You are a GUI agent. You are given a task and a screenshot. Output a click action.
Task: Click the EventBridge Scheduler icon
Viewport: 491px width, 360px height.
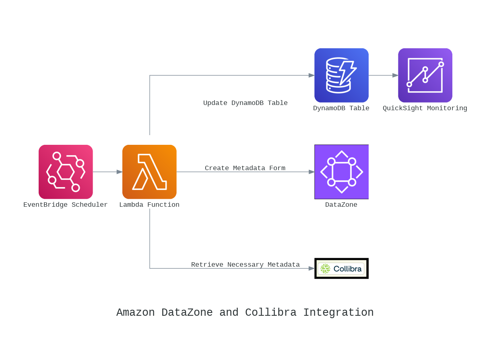[66, 172]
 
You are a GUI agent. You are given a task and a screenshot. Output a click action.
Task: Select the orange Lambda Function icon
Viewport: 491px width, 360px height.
[149, 172]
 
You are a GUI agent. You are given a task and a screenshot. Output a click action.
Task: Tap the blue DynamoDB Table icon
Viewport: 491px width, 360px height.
[341, 75]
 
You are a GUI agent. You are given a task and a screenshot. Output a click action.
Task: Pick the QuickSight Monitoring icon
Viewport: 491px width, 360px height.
[425, 75]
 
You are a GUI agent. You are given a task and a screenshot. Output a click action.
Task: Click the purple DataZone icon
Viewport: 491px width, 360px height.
[341, 172]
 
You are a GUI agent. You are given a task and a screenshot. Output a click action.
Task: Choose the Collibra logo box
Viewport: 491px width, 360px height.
[341, 268]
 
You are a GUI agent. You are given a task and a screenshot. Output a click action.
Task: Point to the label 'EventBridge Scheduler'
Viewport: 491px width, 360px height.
[66, 205]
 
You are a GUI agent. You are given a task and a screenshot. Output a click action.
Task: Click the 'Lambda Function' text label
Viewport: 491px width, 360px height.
[149, 205]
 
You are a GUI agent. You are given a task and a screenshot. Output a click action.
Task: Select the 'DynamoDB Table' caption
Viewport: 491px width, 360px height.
[341, 108]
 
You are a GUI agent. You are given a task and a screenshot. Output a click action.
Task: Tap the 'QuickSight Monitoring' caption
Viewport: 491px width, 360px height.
[425, 108]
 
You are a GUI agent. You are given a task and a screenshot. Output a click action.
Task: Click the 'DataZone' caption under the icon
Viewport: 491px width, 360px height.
[341, 205]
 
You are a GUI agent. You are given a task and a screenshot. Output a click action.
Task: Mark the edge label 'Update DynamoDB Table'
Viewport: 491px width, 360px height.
[245, 103]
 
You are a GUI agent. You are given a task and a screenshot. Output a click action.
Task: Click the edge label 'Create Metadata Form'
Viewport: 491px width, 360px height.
[245, 168]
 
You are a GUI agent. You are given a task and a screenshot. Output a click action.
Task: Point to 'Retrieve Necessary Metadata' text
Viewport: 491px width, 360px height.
[245, 265]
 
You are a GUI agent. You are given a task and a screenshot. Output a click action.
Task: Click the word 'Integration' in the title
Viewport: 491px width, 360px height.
[338, 313]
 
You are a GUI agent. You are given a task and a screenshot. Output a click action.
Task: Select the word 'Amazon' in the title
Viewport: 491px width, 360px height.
[135, 313]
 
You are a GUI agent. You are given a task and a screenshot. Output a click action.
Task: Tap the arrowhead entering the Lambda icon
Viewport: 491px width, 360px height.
[120, 172]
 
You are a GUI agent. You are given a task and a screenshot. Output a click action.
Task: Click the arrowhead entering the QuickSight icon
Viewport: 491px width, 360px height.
[395, 75]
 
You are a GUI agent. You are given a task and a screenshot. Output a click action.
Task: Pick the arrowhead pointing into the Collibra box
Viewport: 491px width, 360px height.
[312, 268]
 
